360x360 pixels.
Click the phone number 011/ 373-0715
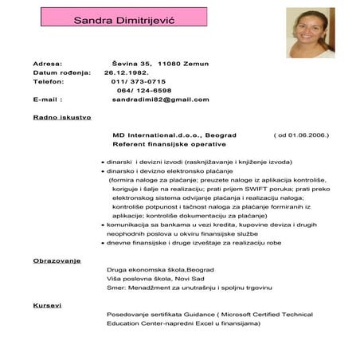point(139,81)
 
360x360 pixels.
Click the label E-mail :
point(48,100)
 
